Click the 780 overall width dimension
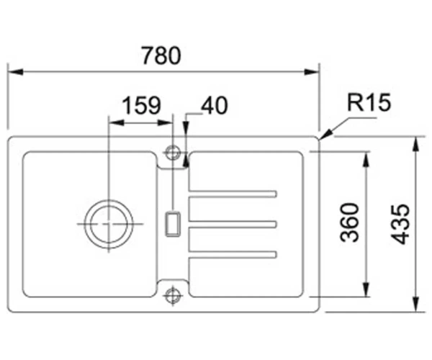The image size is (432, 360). point(161,55)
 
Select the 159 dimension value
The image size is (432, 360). point(141,105)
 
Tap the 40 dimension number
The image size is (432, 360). point(215,106)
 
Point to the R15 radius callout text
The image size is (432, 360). point(369,102)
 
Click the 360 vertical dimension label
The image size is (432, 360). point(350,222)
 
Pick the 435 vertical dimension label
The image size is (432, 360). point(400,224)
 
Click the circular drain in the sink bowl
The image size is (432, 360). point(109,224)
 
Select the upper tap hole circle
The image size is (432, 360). point(173,153)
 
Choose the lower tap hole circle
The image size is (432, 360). point(173,295)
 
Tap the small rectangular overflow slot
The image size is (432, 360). point(173,225)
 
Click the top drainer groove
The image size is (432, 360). point(233,194)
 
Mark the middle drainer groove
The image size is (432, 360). point(233,224)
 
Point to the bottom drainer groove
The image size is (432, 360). point(233,254)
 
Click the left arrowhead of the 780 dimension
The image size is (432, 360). point(15,72)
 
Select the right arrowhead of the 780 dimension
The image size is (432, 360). point(311,72)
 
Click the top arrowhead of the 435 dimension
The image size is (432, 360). point(415,144)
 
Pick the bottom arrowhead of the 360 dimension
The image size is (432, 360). point(366,289)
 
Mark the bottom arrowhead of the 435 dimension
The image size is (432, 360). point(415,305)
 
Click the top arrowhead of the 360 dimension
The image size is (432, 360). point(366,159)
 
